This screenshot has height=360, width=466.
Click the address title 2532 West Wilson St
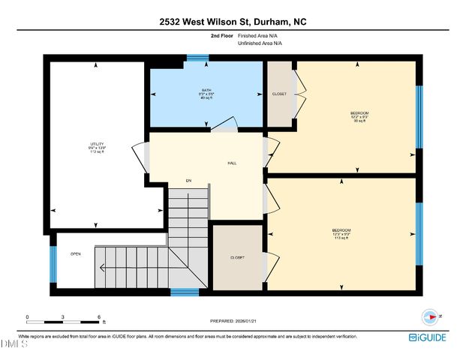232,22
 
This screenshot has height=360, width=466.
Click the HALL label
233,163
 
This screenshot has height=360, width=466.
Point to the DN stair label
189,181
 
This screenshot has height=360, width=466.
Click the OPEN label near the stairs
76,253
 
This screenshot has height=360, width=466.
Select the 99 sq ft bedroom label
359,117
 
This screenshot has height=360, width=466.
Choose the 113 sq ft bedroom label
341,233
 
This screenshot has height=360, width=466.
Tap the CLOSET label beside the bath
279,94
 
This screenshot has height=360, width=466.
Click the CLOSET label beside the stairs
237,257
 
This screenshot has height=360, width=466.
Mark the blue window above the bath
197,58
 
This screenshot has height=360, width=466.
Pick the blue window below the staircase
184,291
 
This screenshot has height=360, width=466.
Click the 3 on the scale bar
63,317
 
